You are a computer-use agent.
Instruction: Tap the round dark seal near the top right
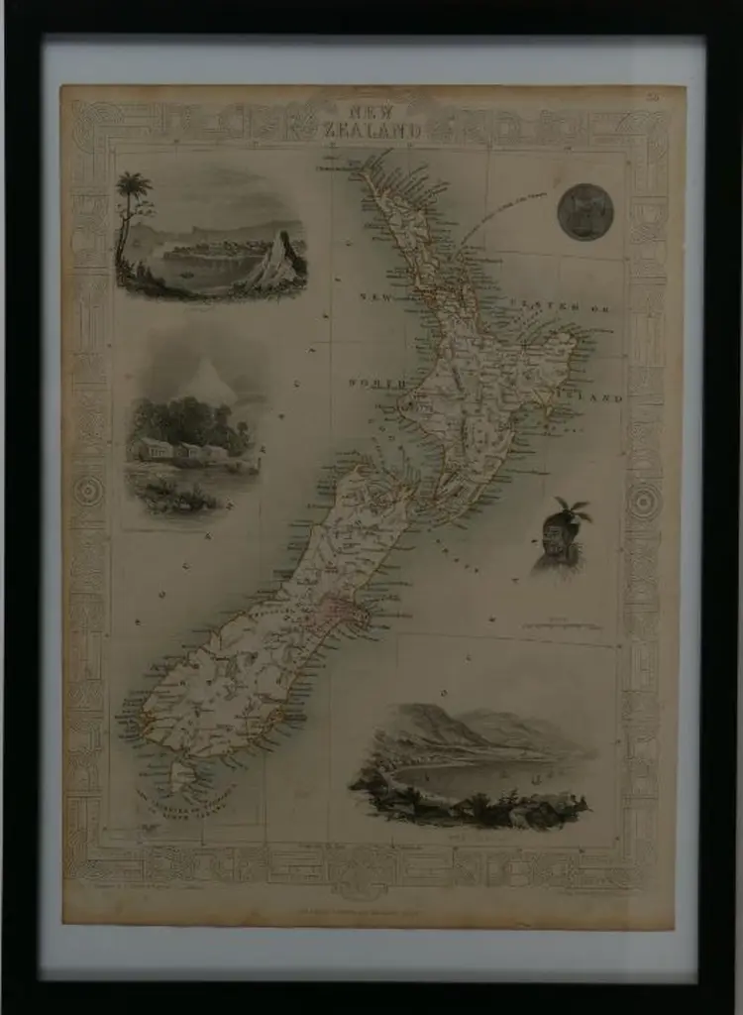[x=585, y=211]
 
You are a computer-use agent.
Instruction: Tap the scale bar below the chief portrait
[x=560, y=626]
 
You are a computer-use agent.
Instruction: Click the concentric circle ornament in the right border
[x=645, y=501]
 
